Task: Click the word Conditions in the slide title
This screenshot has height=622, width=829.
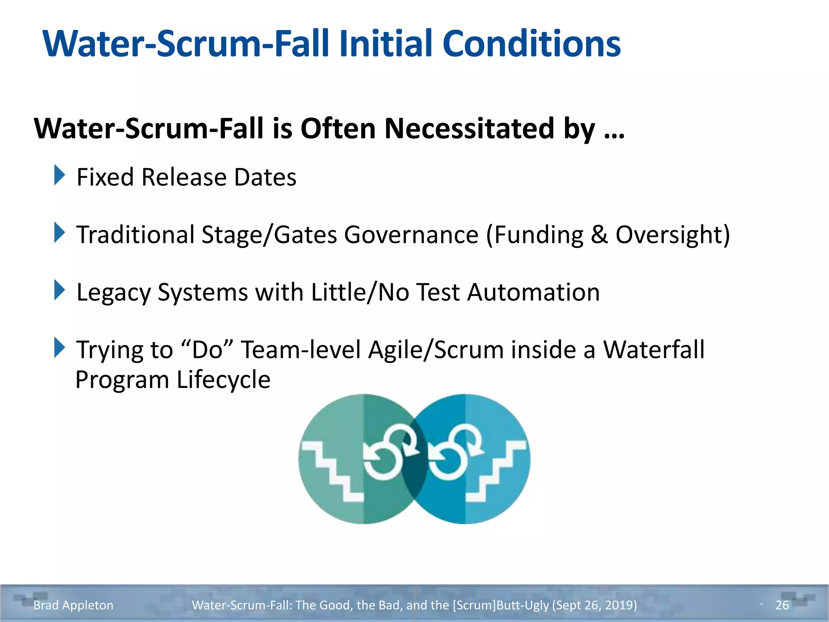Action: click(531, 44)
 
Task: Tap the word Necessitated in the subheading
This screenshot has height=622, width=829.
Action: click(469, 129)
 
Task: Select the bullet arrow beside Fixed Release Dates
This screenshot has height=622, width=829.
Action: click(59, 175)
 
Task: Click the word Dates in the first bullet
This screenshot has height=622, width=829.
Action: click(265, 177)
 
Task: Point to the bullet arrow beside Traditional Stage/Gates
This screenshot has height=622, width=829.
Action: click(59, 233)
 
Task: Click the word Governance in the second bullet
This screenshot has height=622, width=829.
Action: click(411, 235)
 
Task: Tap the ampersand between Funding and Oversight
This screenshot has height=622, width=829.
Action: click(599, 235)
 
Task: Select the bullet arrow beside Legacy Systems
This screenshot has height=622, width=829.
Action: click(59, 290)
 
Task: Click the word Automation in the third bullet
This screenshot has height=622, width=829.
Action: click(533, 292)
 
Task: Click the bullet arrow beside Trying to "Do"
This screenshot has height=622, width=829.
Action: click(59, 348)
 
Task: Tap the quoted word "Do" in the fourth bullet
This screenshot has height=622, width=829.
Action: click(208, 349)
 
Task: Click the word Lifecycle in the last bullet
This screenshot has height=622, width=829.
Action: click(223, 380)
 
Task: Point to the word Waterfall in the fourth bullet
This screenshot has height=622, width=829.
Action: click(654, 349)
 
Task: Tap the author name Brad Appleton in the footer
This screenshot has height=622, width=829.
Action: click(73, 605)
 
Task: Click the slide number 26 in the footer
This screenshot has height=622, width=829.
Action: click(782, 605)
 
